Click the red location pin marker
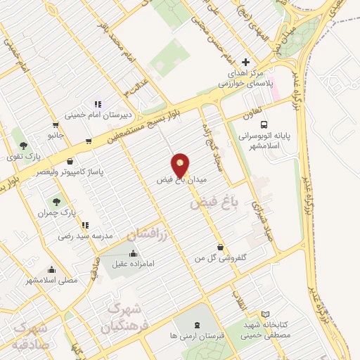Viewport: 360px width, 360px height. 181,165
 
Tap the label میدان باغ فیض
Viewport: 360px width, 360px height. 183,180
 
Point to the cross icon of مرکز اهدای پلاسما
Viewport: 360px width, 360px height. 245,62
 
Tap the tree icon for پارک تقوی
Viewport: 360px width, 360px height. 23,137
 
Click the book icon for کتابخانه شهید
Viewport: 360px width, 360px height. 264,314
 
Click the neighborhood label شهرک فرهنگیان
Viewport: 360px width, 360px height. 123,319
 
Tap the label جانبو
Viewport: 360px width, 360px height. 56,134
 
